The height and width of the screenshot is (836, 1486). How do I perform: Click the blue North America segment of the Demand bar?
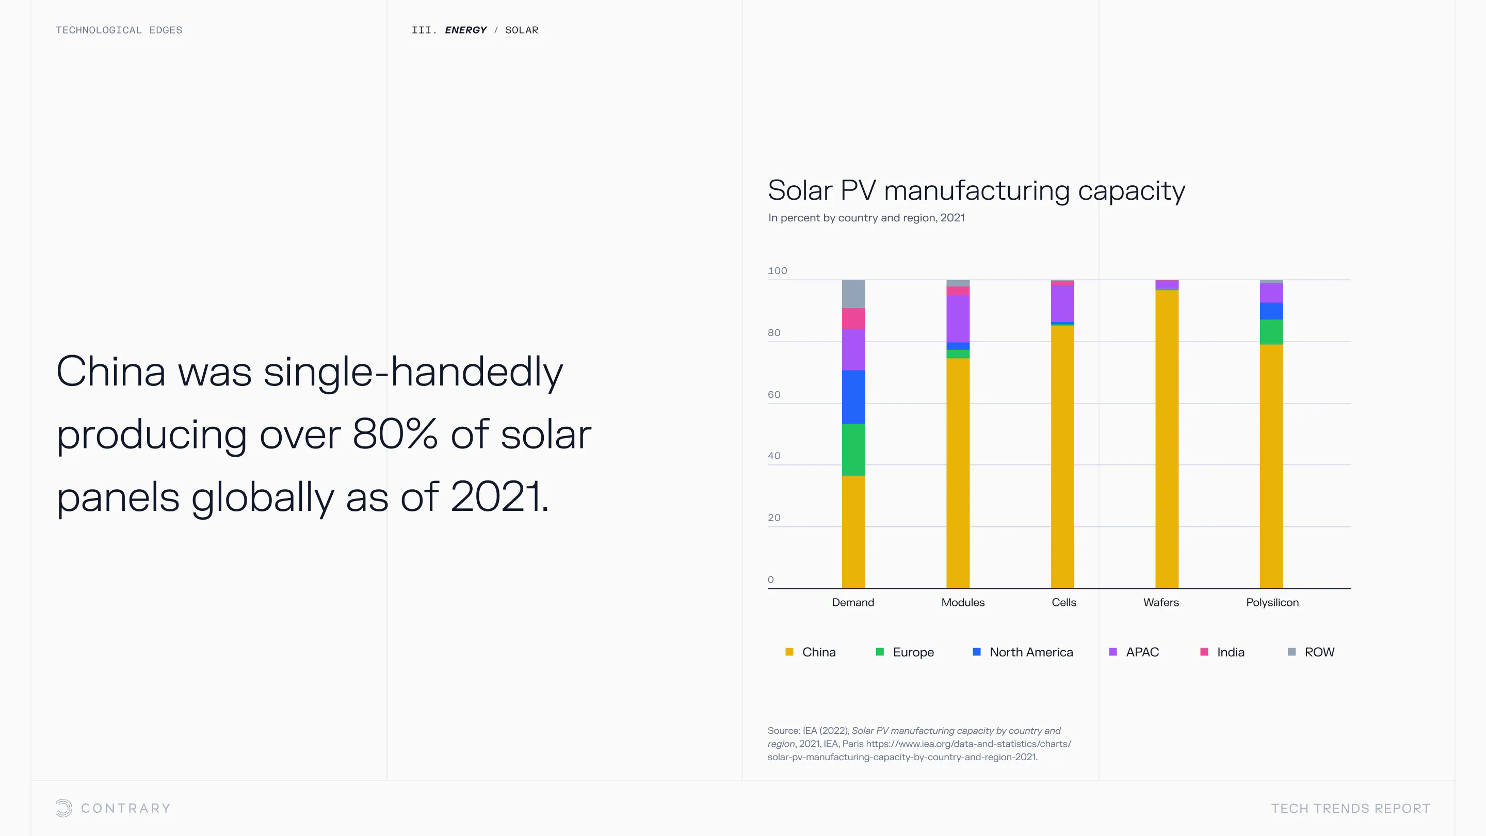coord(853,397)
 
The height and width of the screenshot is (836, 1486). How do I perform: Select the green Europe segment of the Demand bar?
coord(853,450)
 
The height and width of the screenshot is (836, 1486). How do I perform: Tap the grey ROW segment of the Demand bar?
coord(853,294)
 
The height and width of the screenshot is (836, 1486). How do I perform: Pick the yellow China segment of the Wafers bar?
coord(1167,439)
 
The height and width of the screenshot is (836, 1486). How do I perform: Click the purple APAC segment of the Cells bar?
coord(1062,303)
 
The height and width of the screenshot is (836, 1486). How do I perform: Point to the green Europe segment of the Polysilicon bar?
coord(1271,332)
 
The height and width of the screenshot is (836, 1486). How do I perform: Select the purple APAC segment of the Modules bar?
coord(958,318)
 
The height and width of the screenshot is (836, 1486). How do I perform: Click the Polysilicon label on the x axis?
coord(1272,602)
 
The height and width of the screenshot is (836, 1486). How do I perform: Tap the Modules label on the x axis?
coord(963,602)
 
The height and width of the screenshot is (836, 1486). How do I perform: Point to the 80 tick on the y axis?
coord(774,333)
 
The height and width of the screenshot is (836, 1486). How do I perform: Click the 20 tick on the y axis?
coord(774,518)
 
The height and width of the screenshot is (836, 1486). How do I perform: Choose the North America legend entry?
coord(1031,652)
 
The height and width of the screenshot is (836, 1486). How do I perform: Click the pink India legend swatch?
coord(1204,652)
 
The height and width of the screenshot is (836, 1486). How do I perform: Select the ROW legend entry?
coord(1319,652)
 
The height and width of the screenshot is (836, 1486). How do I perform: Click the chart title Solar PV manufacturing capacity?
coord(976,190)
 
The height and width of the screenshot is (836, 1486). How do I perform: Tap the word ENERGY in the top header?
coord(465,30)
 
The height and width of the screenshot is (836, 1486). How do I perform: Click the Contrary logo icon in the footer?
coord(63,808)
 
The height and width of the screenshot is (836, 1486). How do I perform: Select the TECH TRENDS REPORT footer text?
coord(1350,808)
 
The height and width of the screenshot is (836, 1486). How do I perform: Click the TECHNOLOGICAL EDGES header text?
coord(119,30)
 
